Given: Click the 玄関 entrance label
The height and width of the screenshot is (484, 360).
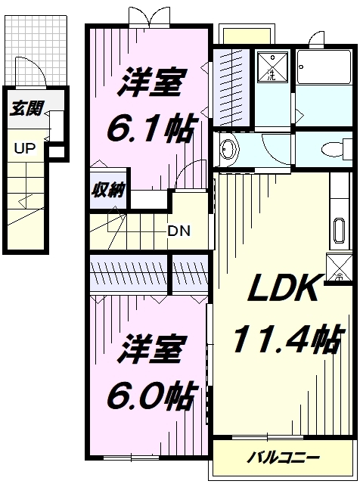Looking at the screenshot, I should [26, 109].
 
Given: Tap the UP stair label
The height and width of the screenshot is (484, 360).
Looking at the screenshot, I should [22, 147].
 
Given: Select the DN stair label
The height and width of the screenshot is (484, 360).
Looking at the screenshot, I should [179, 231].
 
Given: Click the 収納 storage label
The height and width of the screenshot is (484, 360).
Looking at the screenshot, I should [109, 190].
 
